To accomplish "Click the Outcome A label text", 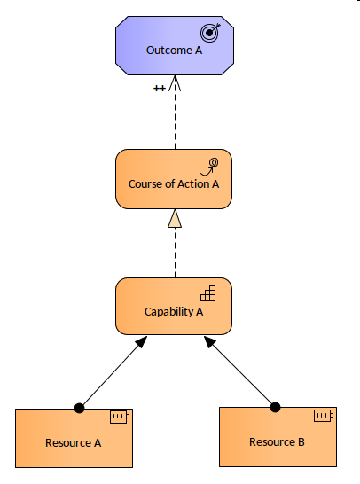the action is click(x=174, y=51).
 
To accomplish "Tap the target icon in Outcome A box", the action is click(x=210, y=33).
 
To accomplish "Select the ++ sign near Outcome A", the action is click(x=160, y=89).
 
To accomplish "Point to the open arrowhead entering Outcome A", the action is click(x=175, y=83).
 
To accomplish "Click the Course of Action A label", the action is click(x=174, y=184).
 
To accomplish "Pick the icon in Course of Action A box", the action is click(x=209, y=167).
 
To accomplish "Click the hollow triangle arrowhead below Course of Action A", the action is click(x=175, y=219).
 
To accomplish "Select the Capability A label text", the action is click(x=174, y=312).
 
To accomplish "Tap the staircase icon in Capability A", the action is click(x=208, y=293).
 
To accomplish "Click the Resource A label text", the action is click(x=74, y=443).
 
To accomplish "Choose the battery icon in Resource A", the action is click(x=120, y=417).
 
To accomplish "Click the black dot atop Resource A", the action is click(x=79, y=408).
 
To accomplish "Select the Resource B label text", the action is click(x=277, y=442).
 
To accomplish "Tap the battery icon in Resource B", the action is click(x=324, y=416).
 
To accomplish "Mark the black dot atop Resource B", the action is click(x=275, y=407).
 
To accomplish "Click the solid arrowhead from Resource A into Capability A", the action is click(x=141, y=342).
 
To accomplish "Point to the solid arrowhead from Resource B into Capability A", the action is click(x=209, y=341).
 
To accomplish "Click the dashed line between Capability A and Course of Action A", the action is click(x=175, y=253).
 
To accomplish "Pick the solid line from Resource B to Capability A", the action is click(x=242, y=374).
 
